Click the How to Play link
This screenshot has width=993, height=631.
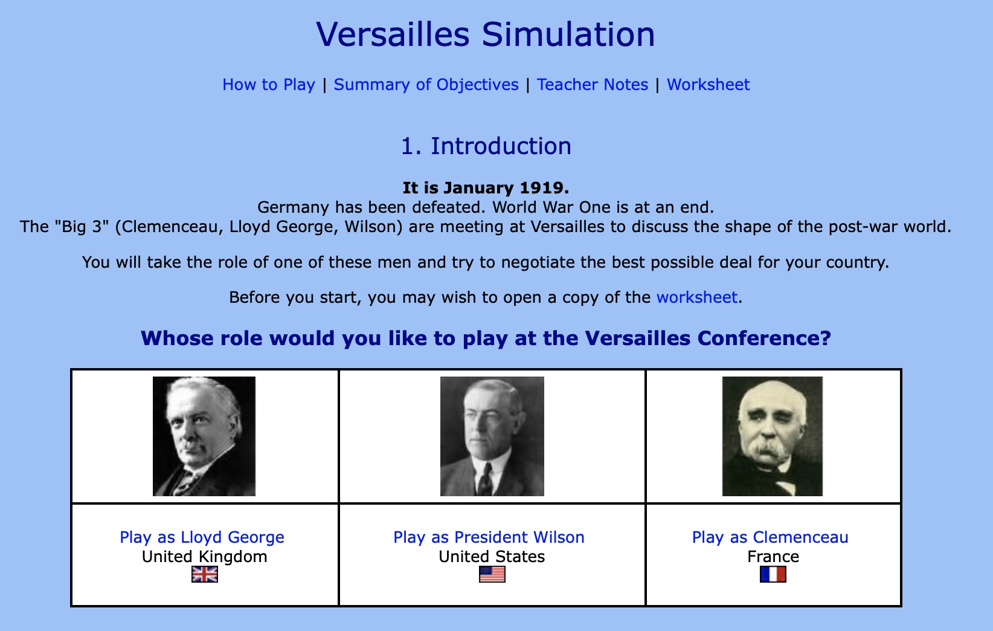(x=269, y=84)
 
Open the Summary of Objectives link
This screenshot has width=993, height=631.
(x=426, y=84)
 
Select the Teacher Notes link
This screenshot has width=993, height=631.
(x=593, y=84)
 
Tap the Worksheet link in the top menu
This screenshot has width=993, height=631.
(x=708, y=84)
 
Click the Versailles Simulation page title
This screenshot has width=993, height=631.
(x=486, y=34)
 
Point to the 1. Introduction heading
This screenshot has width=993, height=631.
(x=486, y=146)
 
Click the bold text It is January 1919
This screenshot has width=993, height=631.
(x=486, y=188)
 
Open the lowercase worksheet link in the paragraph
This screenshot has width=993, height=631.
(x=696, y=297)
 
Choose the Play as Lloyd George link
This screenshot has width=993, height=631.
(x=202, y=537)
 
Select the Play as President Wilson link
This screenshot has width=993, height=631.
(x=489, y=537)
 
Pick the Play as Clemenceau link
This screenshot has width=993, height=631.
(x=770, y=537)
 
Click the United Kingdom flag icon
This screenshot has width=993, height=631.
(x=204, y=574)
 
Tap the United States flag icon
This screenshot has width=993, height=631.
(x=492, y=574)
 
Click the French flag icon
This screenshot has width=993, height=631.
(x=773, y=574)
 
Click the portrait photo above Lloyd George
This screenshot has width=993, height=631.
(x=204, y=436)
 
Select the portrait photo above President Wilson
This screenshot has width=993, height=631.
(x=492, y=436)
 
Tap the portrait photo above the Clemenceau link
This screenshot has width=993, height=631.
(x=773, y=436)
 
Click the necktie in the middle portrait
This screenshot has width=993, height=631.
(x=486, y=480)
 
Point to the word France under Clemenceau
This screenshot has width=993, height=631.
(x=773, y=557)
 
